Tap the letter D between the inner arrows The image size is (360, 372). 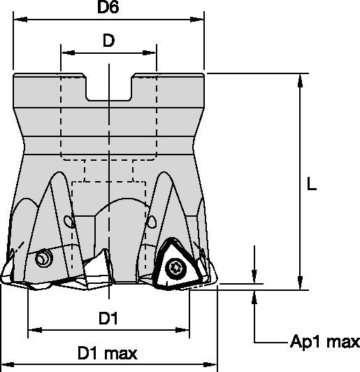(x=108, y=41)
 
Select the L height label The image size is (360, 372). (x=312, y=185)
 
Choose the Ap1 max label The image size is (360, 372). (x=324, y=343)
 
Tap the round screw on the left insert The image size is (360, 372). (x=44, y=259)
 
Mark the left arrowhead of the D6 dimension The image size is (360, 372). (x=17, y=20)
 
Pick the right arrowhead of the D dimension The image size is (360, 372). (x=152, y=51)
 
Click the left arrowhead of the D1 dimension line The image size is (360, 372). (x=32, y=329)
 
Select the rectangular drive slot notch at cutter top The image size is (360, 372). (x=109, y=87)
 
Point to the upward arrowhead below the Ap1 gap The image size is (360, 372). (x=254, y=298)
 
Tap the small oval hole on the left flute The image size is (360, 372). (x=69, y=222)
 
